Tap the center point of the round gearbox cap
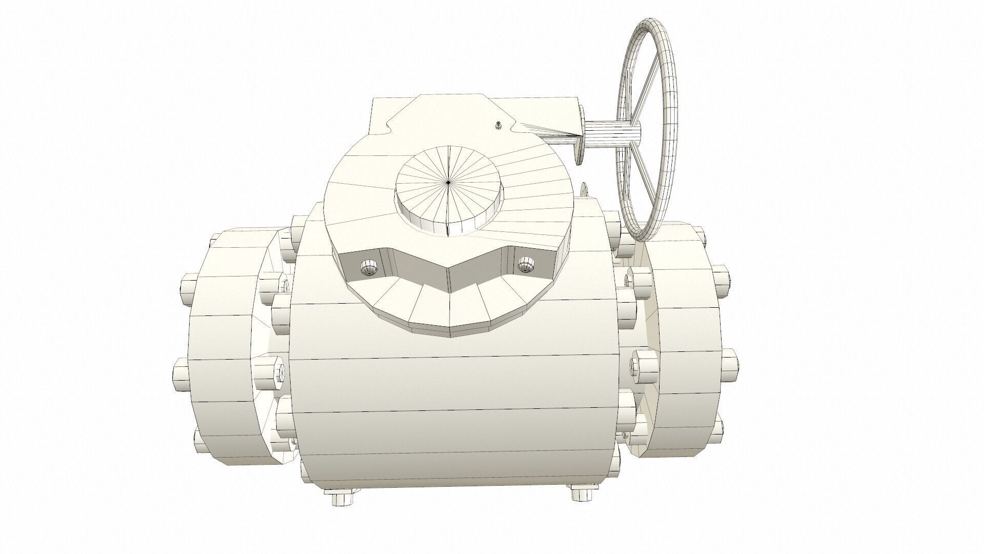(448, 182)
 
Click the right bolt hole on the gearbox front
(524, 265)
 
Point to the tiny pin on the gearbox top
(498, 125)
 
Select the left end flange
(225, 354)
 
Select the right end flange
(682, 349)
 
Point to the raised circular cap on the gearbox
(448, 195)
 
